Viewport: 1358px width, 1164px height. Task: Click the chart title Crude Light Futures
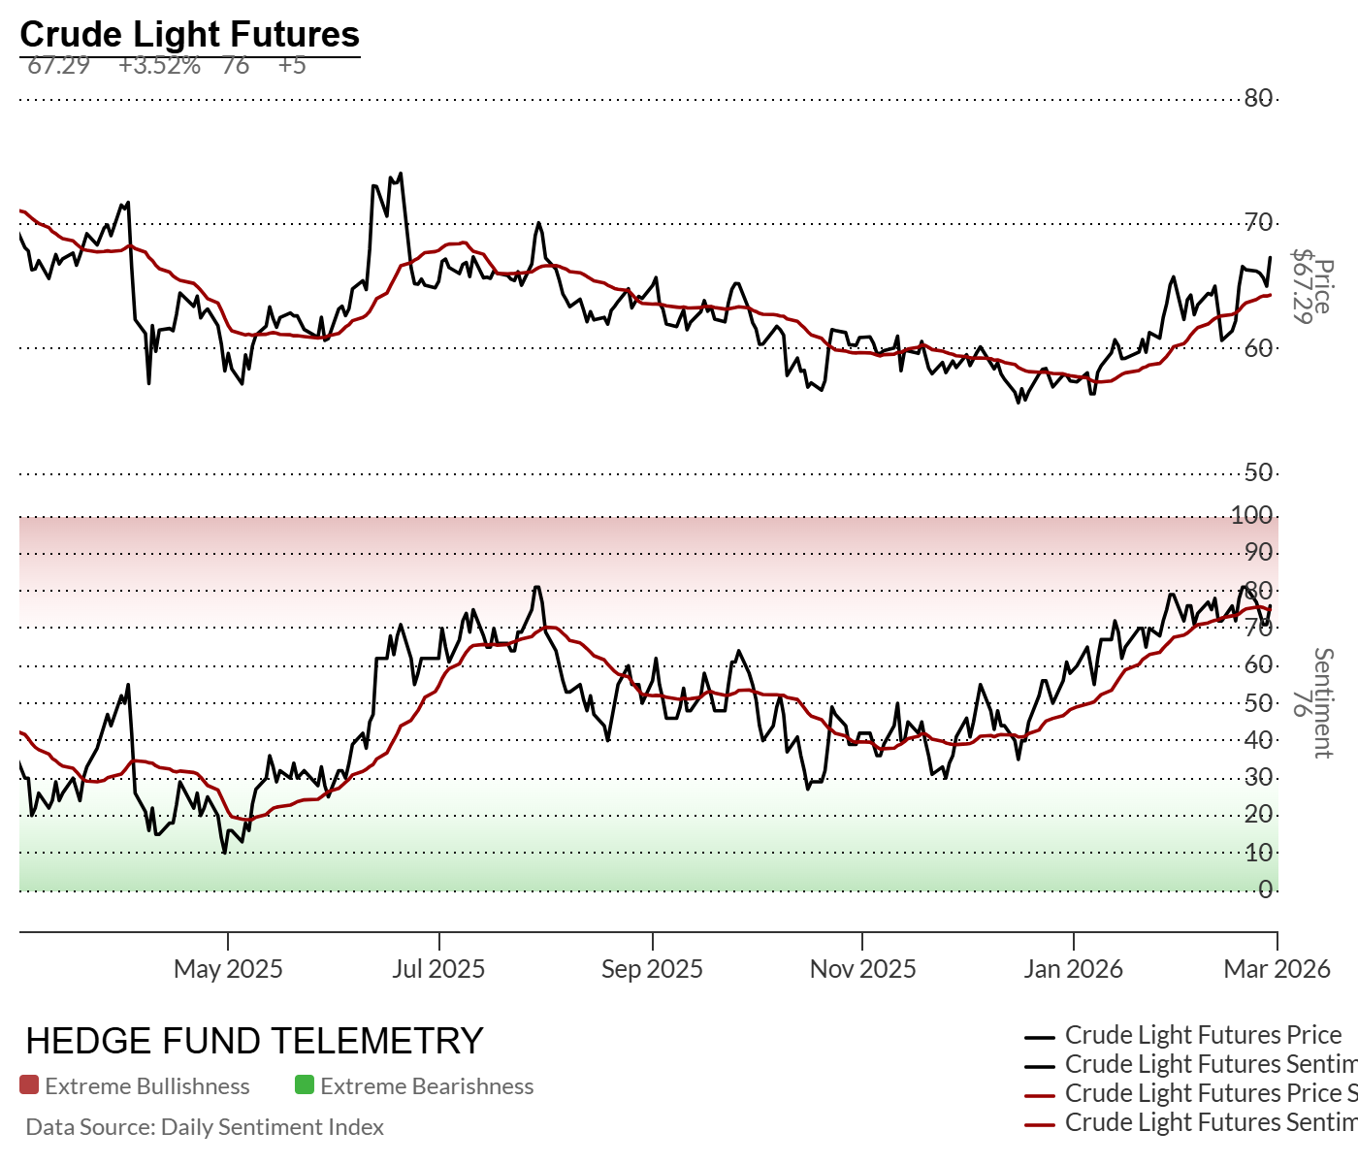189,34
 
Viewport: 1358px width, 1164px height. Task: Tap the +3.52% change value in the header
159,66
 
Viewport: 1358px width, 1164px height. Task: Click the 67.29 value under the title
58,66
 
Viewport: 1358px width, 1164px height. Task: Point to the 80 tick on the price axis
1258,98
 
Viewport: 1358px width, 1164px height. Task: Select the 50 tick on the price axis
1258,472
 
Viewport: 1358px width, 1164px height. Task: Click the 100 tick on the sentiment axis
1251,515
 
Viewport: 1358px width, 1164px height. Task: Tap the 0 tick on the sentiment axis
1265,889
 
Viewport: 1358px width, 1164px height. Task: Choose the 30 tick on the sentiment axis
1258,777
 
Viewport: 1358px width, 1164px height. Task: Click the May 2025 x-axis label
228,968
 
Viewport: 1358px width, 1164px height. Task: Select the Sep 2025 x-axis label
652,968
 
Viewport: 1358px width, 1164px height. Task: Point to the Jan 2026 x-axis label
1073,968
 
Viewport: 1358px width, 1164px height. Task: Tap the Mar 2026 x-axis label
1277,968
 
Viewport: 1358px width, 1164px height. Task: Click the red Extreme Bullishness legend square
29,1085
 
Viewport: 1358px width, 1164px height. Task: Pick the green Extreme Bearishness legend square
305,1085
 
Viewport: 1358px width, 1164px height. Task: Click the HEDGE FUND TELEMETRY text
254,1041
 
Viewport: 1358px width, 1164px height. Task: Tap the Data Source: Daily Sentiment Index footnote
205,1127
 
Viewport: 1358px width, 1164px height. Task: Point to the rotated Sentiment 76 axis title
1310,702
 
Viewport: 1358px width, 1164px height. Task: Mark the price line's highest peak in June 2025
401,174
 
